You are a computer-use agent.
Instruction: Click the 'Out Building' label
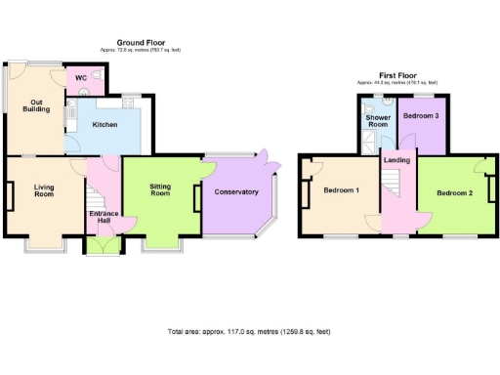pos(36,104)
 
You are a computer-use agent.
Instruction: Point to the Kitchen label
pos(105,125)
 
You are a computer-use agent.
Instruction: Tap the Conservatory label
pos(236,192)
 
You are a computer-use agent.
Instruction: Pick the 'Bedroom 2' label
pos(454,193)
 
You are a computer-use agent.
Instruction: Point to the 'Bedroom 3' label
pos(422,116)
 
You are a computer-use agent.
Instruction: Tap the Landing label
pos(396,160)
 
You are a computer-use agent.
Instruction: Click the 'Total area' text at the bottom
pos(248,332)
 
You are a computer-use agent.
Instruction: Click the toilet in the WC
pos(85,92)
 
